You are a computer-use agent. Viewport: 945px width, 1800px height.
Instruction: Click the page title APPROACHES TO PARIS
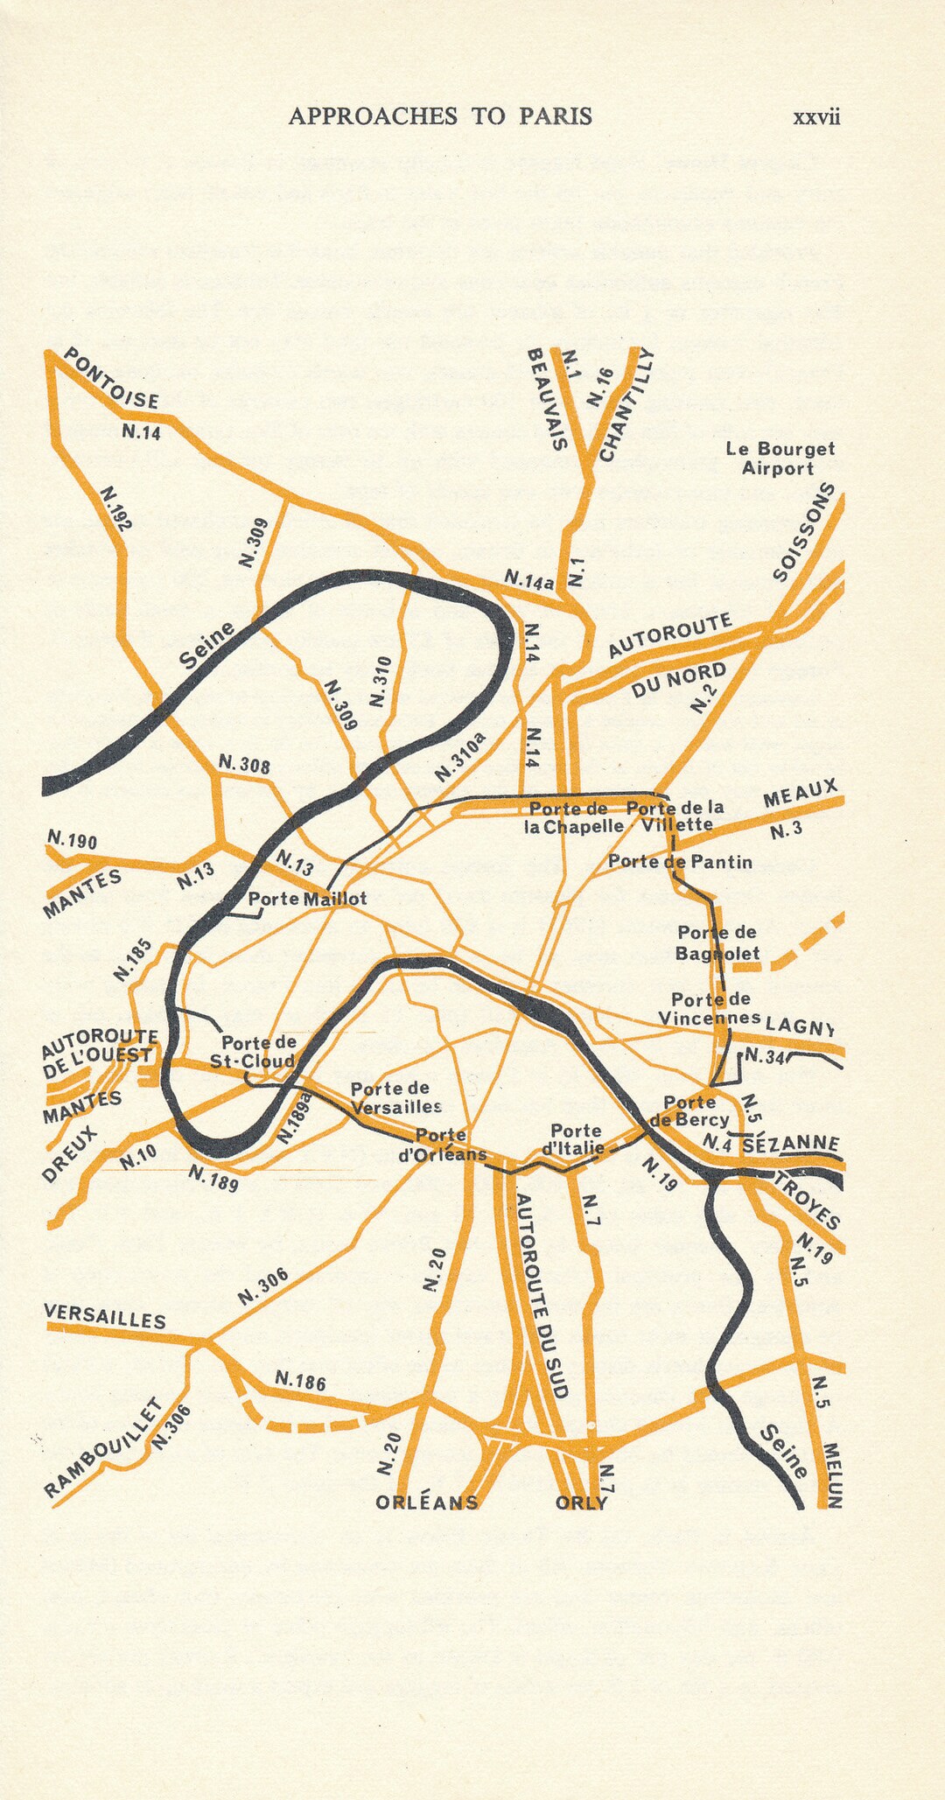point(440,116)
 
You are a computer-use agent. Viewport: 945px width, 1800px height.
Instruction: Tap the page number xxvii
point(815,117)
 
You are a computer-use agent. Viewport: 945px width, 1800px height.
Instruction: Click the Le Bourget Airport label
point(780,459)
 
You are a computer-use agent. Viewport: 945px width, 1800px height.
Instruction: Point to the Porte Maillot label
point(307,899)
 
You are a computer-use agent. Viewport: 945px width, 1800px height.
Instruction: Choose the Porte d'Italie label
point(574,1139)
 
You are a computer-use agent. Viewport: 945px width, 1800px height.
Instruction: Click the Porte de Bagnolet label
point(717,942)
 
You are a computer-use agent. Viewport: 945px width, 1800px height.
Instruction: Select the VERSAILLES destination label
point(105,1317)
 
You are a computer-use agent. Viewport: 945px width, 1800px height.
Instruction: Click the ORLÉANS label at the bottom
point(427,1502)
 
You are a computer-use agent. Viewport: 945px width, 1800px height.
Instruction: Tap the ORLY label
point(581,1502)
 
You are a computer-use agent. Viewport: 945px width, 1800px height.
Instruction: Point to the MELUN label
point(832,1475)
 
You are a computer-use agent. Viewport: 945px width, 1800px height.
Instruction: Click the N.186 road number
point(300,1381)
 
